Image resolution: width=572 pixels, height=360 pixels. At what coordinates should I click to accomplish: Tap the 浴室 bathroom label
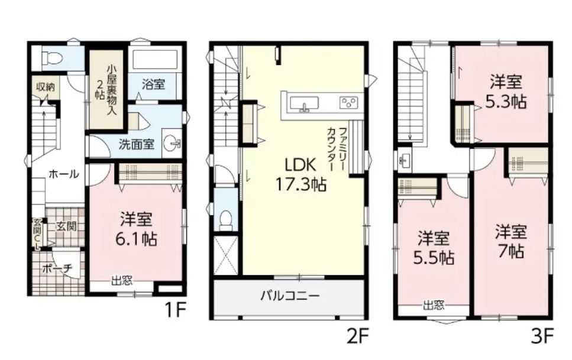point(153,85)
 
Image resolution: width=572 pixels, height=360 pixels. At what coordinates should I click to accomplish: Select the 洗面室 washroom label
point(136,144)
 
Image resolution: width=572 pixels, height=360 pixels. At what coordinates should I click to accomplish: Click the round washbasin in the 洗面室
point(171,143)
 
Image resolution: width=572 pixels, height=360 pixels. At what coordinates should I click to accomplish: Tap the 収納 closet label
point(45,87)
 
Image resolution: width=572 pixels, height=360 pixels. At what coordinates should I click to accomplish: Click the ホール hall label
point(63,174)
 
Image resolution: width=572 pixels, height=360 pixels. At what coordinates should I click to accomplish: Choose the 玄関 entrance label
point(66,226)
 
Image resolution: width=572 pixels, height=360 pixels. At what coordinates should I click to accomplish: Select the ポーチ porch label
point(57,269)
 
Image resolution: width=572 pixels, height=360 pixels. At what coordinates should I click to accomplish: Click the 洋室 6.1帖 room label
point(136,229)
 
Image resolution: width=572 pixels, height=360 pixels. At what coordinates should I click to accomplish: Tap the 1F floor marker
point(176,310)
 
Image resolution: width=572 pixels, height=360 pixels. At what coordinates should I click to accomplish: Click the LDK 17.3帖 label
point(300,175)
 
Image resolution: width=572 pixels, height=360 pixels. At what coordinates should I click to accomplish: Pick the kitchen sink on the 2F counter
point(304,103)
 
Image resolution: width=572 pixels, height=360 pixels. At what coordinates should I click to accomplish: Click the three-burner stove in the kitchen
point(349,102)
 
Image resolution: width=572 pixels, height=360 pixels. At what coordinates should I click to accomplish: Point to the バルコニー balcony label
point(290,295)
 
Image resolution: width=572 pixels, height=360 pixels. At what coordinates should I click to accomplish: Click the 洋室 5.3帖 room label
point(506,92)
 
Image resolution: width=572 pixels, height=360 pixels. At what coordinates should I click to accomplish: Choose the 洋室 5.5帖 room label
point(434,248)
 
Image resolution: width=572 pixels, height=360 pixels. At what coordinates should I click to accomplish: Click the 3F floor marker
point(543,336)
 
